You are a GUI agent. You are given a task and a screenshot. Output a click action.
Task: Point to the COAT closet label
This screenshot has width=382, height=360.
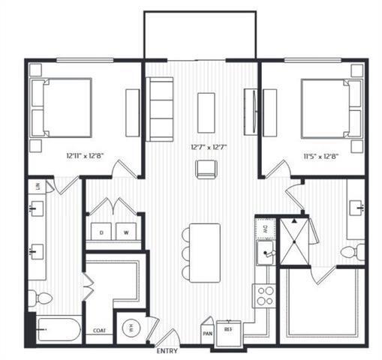tap(98, 331)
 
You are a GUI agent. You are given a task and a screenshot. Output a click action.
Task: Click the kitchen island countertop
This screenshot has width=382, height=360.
tap(205, 252)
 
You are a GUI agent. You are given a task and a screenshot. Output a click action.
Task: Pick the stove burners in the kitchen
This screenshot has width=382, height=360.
tap(264, 295)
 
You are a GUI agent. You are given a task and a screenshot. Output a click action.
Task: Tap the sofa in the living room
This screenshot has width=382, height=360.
tap(160, 108)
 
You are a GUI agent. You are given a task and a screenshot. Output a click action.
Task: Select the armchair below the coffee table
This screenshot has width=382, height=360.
tap(206, 170)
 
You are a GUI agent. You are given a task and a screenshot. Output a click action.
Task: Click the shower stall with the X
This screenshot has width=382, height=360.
tap(293, 240)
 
